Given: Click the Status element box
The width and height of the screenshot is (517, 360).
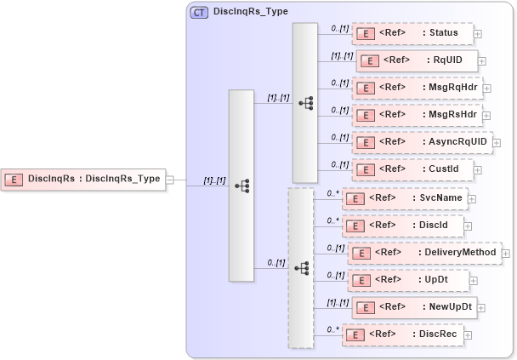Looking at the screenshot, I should click(412, 34).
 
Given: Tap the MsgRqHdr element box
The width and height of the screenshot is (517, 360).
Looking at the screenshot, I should click(417, 88).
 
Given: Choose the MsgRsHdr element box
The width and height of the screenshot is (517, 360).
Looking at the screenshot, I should click(417, 115).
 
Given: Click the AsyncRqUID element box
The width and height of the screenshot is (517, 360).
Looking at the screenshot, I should click(422, 142).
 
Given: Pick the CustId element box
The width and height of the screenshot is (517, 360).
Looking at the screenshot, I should click(412, 169).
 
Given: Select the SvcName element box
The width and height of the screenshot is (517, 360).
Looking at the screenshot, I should click(403, 198).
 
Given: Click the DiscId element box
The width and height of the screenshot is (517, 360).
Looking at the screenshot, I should click(403, 226).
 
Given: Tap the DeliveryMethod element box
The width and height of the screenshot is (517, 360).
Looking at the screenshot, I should click(424, 253).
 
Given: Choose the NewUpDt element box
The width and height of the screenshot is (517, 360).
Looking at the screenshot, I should click(414, 307).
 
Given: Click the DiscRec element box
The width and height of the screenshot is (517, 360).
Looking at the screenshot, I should click(403, 334).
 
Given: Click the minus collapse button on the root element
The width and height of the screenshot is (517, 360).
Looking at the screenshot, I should click(170, 180).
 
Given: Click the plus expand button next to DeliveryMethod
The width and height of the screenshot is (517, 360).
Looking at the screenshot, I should click(507, 253).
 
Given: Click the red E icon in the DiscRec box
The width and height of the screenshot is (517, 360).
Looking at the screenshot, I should click(355, 335).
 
